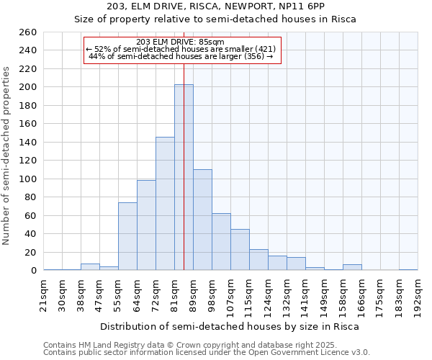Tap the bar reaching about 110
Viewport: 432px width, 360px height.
pos(202,220)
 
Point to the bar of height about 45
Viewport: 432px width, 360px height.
pos(240,250)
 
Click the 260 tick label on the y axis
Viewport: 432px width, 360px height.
pos(28,32)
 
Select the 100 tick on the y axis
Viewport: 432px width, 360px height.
pos(28,179)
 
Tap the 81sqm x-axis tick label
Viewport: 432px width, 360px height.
pos(174,294)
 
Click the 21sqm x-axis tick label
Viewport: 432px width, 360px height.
pos(43,293)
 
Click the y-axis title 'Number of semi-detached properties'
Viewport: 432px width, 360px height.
pos(7,156)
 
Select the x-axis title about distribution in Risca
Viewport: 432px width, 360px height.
pos(229,326)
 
